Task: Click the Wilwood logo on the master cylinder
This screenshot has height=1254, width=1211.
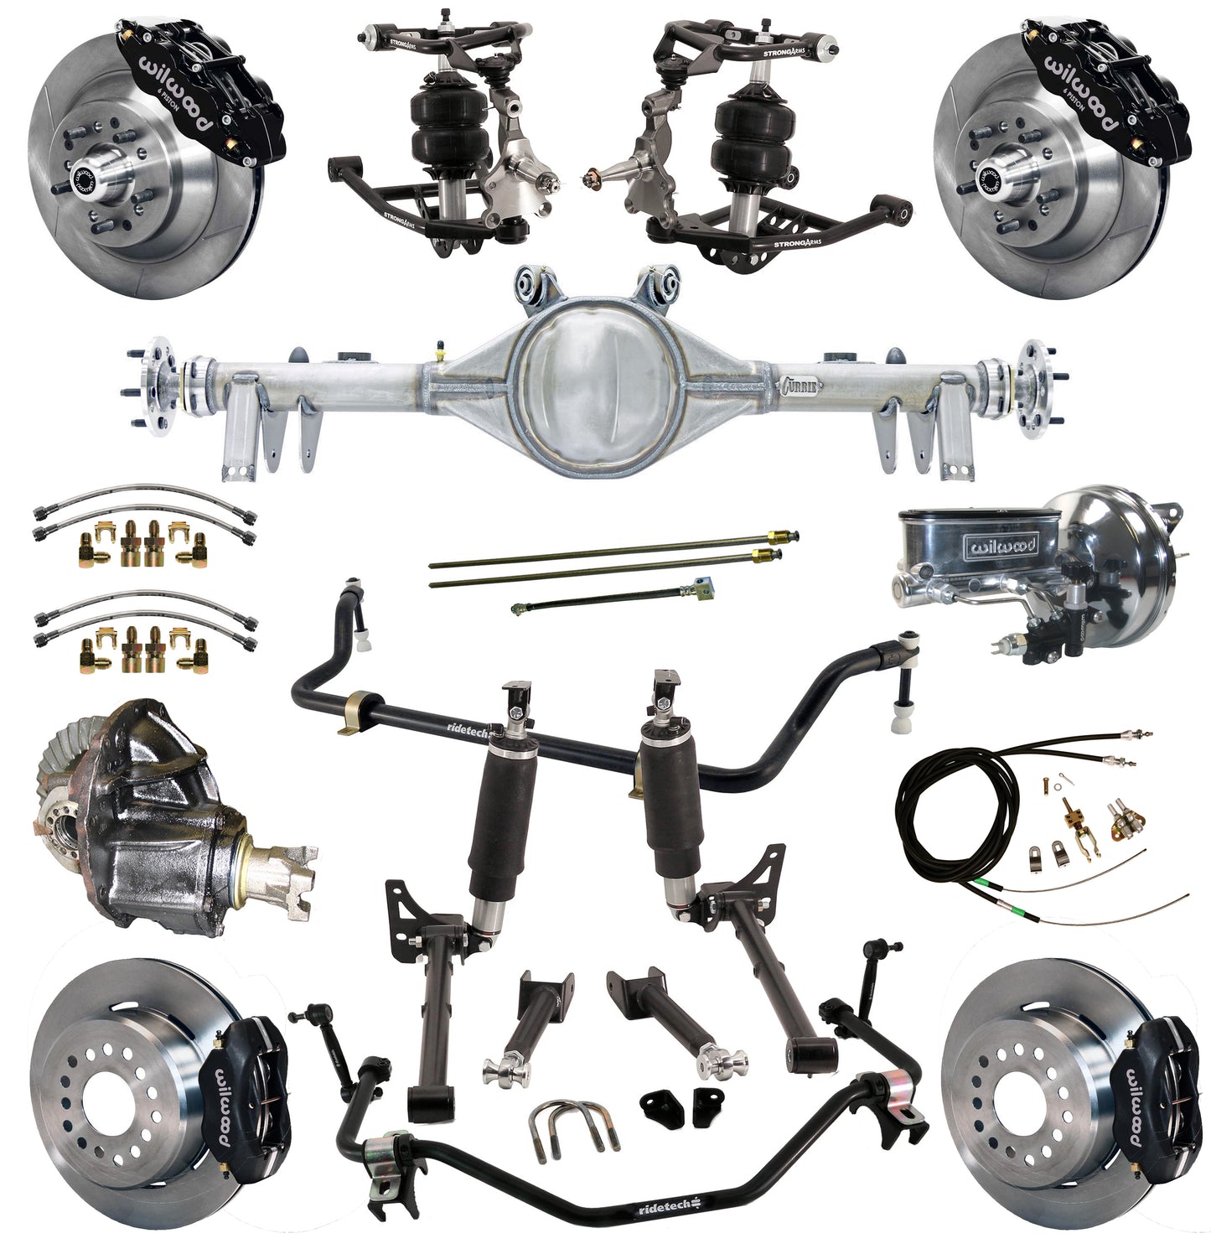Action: [x=1002, y=547]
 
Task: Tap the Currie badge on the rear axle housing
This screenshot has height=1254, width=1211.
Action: [x=801, y=387]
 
